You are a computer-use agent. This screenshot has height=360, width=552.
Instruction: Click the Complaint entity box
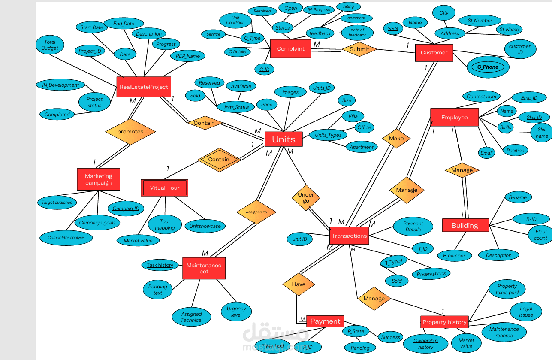290,48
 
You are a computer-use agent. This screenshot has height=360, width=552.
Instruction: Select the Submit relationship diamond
359,49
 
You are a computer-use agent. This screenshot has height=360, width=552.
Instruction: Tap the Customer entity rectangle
434,53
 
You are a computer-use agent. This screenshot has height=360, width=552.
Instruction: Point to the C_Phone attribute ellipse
488,67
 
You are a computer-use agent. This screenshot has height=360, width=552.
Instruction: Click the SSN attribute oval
393,29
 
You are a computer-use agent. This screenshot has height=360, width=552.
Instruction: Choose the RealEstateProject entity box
144,87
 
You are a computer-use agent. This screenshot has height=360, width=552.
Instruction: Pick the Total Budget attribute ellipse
50,45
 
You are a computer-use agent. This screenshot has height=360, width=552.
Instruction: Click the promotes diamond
130,131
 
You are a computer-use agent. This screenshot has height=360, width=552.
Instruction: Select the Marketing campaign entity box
98,179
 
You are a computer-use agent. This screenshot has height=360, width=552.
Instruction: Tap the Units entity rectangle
284,139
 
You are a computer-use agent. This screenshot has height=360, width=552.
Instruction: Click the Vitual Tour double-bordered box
164,188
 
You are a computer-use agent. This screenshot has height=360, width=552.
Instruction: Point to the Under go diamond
306,197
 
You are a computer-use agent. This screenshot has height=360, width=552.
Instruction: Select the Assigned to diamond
256,212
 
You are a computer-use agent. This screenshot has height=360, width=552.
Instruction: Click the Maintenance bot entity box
204,268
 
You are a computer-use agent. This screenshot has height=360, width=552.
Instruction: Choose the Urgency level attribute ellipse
236,312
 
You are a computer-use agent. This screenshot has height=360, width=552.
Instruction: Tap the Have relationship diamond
299,284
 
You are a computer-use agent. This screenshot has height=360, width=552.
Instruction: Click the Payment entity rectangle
325,321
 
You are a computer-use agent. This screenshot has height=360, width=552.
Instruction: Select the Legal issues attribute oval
526,312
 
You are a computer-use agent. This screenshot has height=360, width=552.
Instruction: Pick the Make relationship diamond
396,138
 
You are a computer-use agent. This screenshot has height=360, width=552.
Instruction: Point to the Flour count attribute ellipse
540,235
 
